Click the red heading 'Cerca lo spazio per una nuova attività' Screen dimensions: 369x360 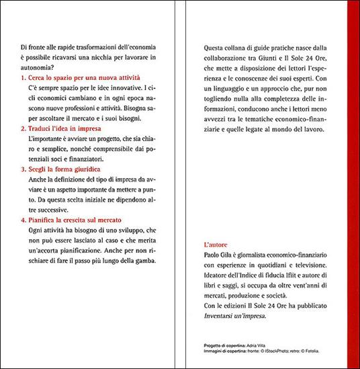point(83,79)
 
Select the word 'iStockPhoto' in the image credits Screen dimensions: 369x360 point(283,350)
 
